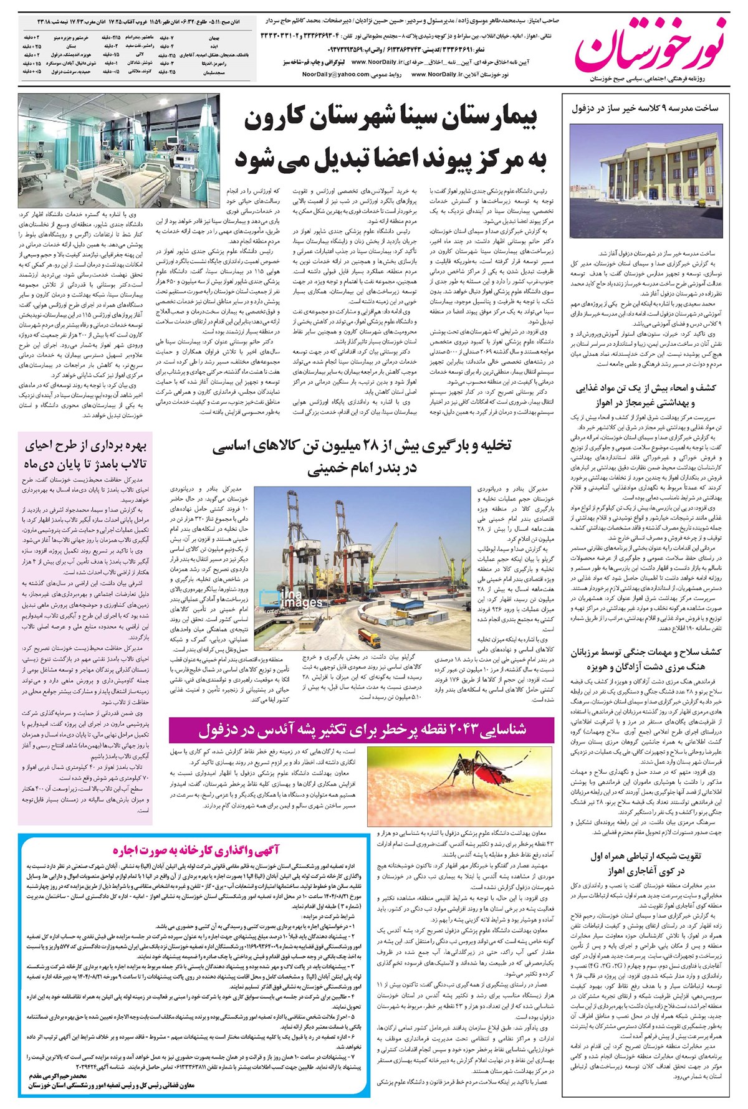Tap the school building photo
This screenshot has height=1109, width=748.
(x=645, y=181)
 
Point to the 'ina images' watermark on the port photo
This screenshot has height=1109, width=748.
(x=293, y=599)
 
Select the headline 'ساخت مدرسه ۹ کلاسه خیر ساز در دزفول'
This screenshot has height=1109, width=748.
(x=645, y=108)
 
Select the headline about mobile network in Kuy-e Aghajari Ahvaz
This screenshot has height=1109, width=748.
(x=645, y=863)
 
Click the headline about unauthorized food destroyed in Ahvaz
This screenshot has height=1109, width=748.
(x=645, y=394)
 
